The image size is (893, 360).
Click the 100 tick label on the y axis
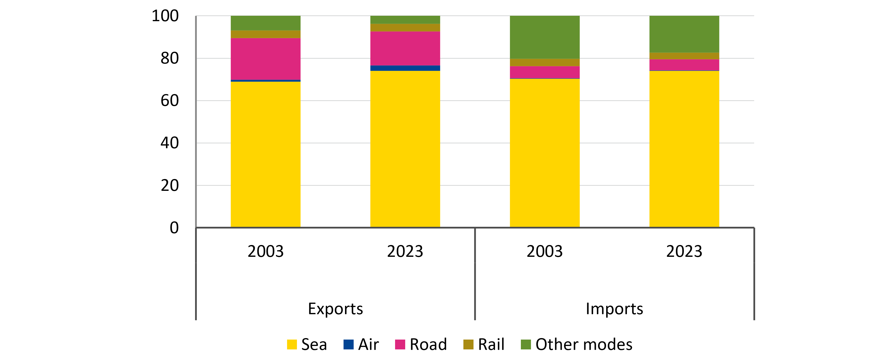pos(165,16)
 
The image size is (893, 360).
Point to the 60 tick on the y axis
pos(169,101)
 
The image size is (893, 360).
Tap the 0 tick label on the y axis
pos(174,228)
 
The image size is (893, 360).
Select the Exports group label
pos(335,309)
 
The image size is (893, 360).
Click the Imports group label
pos(614,309)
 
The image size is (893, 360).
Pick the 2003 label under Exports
pos(266,251)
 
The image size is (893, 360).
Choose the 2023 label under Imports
pos(684,251)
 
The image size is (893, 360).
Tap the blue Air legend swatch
pos(348,344)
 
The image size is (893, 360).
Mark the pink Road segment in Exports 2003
pos(266,59)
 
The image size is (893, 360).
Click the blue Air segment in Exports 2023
pos(405,68)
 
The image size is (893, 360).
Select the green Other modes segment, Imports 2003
pos(545,37)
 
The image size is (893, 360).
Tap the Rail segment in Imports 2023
pos(684,56)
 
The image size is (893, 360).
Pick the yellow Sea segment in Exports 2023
pos(405,149)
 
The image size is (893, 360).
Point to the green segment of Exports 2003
pos(266,23)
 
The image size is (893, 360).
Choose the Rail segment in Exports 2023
pos(405,28)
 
